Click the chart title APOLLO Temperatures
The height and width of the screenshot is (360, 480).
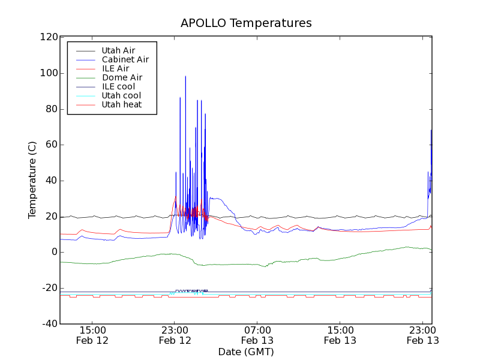[x=246, y=23]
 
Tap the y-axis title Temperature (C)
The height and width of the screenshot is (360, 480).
[x=32, y=180]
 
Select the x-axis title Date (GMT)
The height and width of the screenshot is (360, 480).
[x=246, y=352]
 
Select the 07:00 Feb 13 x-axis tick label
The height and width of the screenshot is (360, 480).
[x=257, y=335]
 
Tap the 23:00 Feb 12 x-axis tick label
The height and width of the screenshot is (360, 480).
[x=175, y=335]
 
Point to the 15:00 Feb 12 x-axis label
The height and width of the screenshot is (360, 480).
[x=92, y=335]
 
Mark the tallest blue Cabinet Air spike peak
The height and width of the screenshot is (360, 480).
[x=185, y=76]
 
